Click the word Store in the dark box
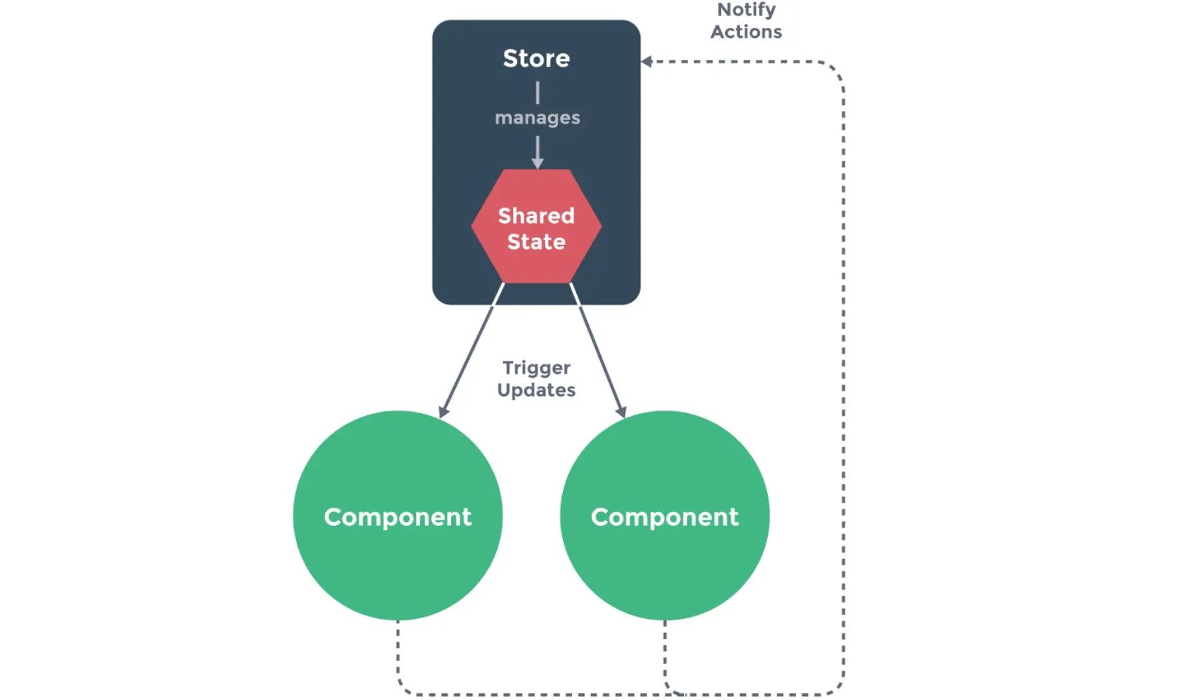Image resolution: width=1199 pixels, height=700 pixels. (x=536, y=59)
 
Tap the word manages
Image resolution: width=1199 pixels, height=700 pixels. (x=538, y=118)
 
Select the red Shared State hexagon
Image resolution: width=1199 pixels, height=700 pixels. (x=536, y=226)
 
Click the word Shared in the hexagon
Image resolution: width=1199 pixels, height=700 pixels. (x=536, y=216)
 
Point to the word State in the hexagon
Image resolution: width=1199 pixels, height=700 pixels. (x=536, y=242)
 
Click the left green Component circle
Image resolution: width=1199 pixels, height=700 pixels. (x=398, y=516)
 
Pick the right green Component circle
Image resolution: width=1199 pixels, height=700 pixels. (x=665, y=516)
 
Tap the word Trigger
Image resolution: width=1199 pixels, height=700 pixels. (x=536, y=369)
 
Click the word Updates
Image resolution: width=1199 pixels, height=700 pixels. (x=536, y=390)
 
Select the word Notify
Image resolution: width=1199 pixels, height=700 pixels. (x=747, y=11)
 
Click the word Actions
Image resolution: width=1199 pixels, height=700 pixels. (x=747, y=32)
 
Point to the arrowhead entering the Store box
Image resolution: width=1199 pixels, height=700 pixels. (x=646, y=62)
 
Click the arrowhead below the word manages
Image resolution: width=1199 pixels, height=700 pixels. (x=538, y=164)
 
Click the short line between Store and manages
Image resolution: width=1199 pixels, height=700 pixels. (x=538, y=92)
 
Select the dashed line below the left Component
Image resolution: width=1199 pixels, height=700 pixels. (x=398, y=655)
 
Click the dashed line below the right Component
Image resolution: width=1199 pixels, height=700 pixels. (x=665, y=655)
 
